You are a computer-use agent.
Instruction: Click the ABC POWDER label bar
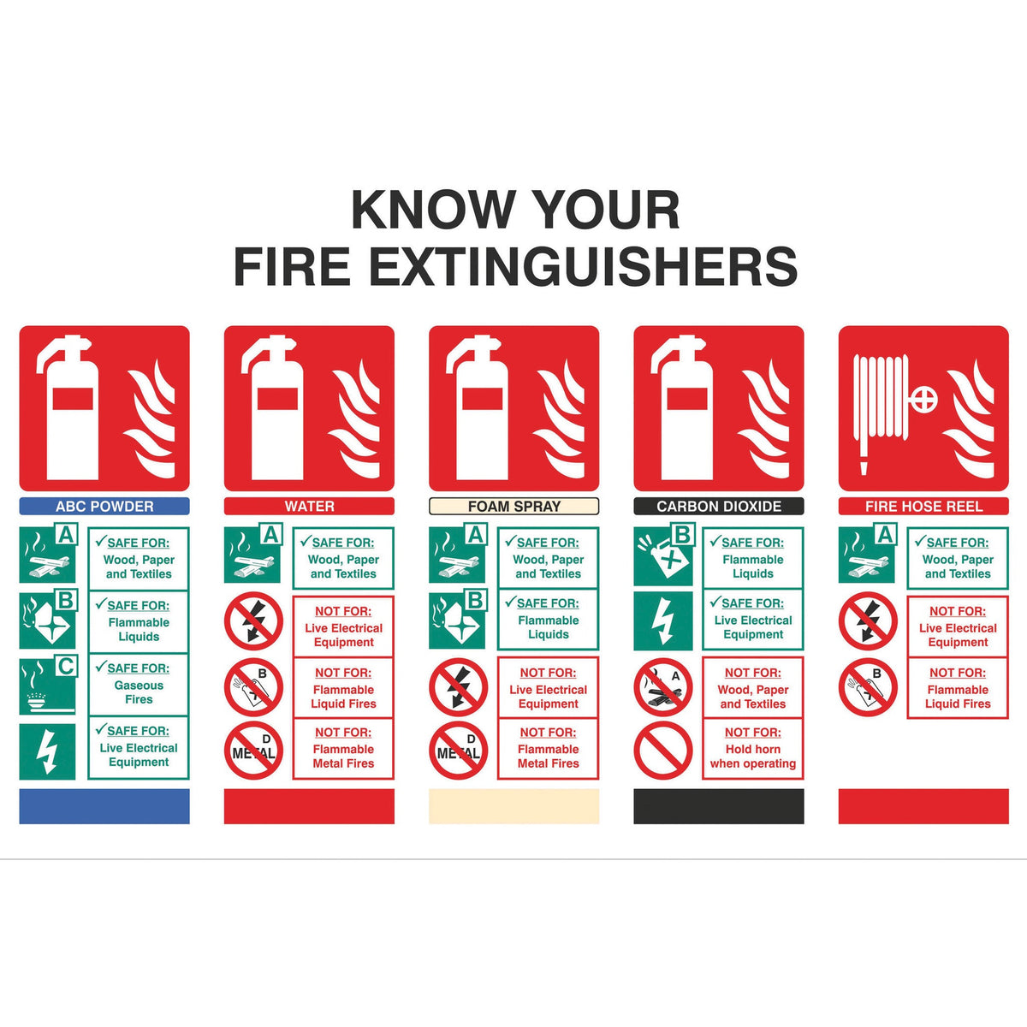[104, 506]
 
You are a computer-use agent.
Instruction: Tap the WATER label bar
[309, 506]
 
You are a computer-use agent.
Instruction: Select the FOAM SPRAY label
[513, 506]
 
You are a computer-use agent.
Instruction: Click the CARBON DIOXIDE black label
[719, 506]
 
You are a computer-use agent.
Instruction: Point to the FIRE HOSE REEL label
[923, 506]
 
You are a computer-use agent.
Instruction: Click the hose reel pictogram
[923, 408]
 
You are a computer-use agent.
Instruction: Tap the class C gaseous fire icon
[47, 686]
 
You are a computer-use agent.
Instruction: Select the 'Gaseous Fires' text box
[139, 685]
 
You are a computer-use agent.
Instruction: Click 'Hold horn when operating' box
[753, 748]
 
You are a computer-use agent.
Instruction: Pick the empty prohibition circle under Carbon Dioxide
[663, 750]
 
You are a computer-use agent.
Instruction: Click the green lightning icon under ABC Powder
[47, 751]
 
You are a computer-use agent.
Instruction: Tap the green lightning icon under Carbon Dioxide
[663, 620]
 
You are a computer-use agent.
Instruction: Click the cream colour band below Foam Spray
[513, 806]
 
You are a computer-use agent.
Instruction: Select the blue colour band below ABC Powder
[104, 806]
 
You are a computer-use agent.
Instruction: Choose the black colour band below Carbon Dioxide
[719, 806]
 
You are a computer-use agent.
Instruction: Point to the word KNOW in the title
[433, 210]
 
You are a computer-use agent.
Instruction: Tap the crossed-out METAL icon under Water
[253, 751]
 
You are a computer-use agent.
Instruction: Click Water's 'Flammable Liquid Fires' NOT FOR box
[343, 688]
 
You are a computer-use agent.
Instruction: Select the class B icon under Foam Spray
[457, 619]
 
